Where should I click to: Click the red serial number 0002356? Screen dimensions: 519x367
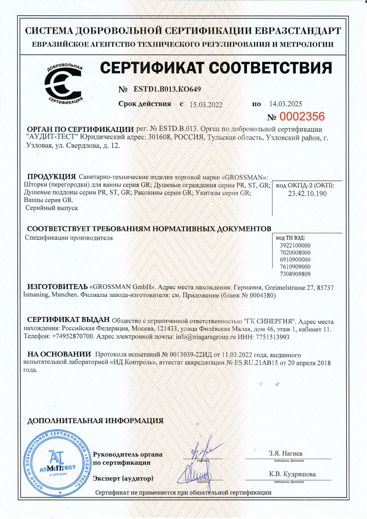[x=302, y=117]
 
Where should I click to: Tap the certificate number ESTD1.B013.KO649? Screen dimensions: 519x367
[x=167, y=89]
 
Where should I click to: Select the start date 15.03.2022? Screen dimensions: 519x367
[x=206, y=104]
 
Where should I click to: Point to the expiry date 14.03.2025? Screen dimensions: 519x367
[x=285, y=104]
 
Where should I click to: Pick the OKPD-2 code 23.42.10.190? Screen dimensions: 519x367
[x=307, y=194]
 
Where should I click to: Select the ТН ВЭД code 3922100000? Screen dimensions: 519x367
[x=295, y=246]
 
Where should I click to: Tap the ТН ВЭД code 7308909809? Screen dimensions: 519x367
[x=295, y=274]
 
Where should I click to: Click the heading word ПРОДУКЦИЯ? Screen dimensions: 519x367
[x=51, y=177]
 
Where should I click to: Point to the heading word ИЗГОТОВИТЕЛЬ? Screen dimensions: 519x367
[x=57, y=287]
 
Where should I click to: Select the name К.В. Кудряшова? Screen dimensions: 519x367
[x=292, y=474]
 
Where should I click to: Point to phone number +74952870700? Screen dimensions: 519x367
[x=72, y=337]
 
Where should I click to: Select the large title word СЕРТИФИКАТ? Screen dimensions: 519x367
[x=153, y=68]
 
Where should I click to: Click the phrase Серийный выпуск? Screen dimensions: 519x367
[x=52, y=208]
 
